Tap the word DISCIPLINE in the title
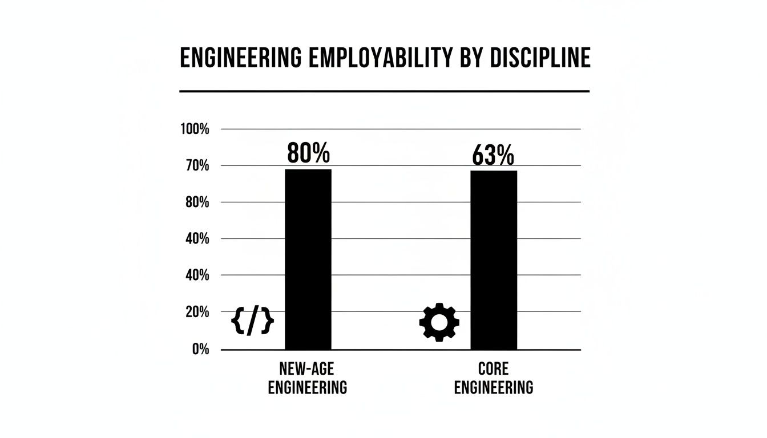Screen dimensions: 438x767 click(535, 58)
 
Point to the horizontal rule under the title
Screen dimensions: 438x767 click(384, 91)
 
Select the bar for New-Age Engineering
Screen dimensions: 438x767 click(308, 259)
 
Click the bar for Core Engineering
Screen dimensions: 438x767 click(494, 260)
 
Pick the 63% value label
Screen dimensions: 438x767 click(493, 155)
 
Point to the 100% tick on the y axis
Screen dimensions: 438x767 click(195, 129)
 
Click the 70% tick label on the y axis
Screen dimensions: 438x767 click(197, 166)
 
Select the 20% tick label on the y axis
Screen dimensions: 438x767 click(197, 312)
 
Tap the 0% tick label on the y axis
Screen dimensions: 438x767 click(200, 349)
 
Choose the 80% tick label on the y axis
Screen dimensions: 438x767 click(197, 202)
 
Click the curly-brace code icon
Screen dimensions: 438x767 click(252, 322)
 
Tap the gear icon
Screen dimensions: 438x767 click(439, 322)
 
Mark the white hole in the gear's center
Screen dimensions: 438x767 click(439, 322)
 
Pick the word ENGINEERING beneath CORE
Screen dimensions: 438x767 click(493, 387)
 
